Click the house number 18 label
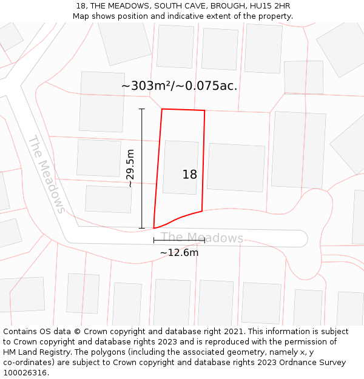point(189,175)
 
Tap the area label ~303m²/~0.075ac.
point(179,86)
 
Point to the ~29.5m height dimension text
point(130,168)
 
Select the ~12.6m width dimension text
point(179,252)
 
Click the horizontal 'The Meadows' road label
point(202,238)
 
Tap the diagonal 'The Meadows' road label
point(46,174)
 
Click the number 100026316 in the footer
point(26,372)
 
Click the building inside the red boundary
point(181,167)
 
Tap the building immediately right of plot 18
point(236,167)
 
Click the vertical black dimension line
point(142,169)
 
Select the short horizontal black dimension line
point(179,241)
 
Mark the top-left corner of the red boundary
point(162,109)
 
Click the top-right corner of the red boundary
point(204,110)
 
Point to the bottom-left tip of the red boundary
point(154,228)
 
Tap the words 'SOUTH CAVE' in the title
point(171,6)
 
